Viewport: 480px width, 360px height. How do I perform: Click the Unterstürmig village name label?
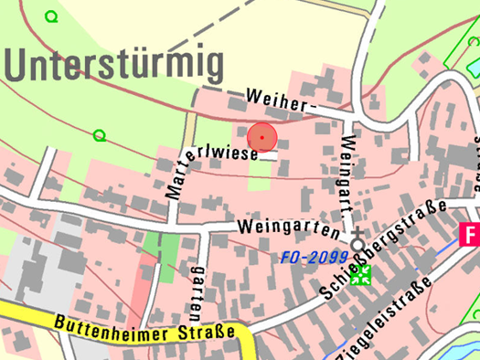pyautogui.click(x=115, y=65)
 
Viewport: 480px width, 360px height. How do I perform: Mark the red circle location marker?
pyautogui.click(x=262, y=137)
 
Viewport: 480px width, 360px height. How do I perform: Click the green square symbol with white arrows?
pyautogui.click(x=361, y=277)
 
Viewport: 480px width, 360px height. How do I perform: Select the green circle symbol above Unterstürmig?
pyautogui.click(x=51, y=16)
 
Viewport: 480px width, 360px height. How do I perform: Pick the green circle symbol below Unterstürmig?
pyautogui.click(x=99, y=136)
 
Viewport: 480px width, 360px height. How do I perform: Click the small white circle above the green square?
pyautogui.click(x=357, y=244)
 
